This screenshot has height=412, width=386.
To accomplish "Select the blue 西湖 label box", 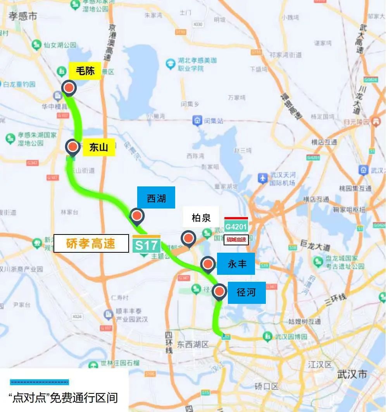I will click(x=156, y=198).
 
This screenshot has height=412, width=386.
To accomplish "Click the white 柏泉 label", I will click(x=201, y=218).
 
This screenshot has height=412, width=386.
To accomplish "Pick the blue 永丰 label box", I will click(x=237, y=264).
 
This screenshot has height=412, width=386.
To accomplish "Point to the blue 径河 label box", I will click(x=246, y=292).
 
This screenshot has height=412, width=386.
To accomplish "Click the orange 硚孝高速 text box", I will click(x=91, y=244).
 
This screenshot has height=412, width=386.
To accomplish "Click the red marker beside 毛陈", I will click(x=69, y=88).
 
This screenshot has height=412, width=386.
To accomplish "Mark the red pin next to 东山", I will click(x=72, y=147).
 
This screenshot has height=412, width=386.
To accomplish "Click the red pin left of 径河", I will click(x=220, y=292).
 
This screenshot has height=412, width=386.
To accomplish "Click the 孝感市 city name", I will click(x=23, y=16).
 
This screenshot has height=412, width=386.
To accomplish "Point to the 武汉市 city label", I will click(x=352, y=374).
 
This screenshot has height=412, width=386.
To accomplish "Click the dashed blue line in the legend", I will click(x=40, y=382).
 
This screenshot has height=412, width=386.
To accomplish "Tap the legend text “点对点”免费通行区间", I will click(x=63, y=398).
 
